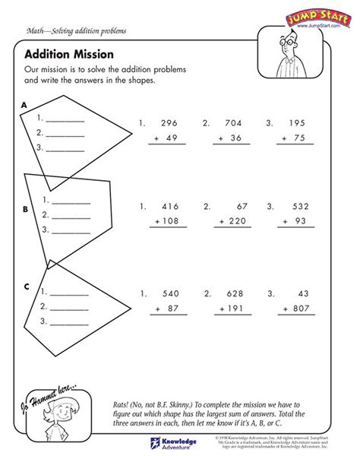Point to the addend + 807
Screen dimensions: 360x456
(x=289, y=309)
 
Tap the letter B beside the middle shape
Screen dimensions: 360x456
(x=25, y=207)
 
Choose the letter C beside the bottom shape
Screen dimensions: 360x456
(x=25, y=287)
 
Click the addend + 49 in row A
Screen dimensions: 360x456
(x=162, y=138)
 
